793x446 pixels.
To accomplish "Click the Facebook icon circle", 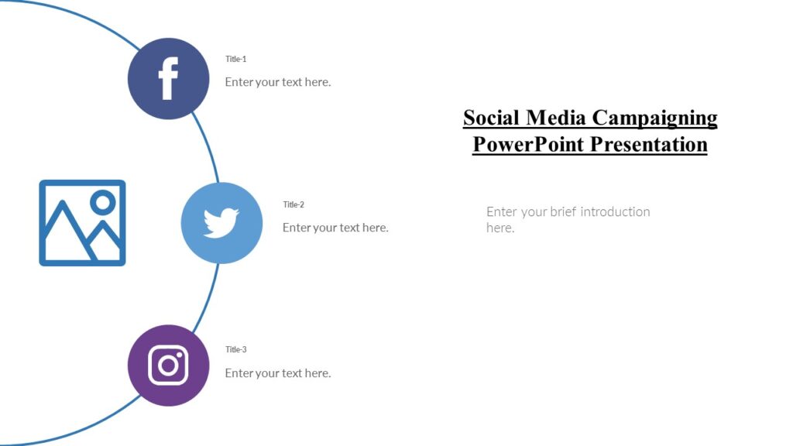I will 168,78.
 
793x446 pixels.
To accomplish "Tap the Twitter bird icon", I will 221,223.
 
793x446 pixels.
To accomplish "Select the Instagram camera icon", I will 168,365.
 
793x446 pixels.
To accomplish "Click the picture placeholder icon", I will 82,223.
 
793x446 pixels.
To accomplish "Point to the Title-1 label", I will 235,59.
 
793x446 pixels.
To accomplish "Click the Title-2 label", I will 294,204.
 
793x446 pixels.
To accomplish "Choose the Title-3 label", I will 235,349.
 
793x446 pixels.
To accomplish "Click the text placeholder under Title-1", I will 277,82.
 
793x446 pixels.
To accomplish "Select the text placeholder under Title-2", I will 335,228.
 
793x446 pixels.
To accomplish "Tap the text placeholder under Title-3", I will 277,373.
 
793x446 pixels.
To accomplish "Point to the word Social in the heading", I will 492,118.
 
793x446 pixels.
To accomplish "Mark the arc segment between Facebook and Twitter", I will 206,147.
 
